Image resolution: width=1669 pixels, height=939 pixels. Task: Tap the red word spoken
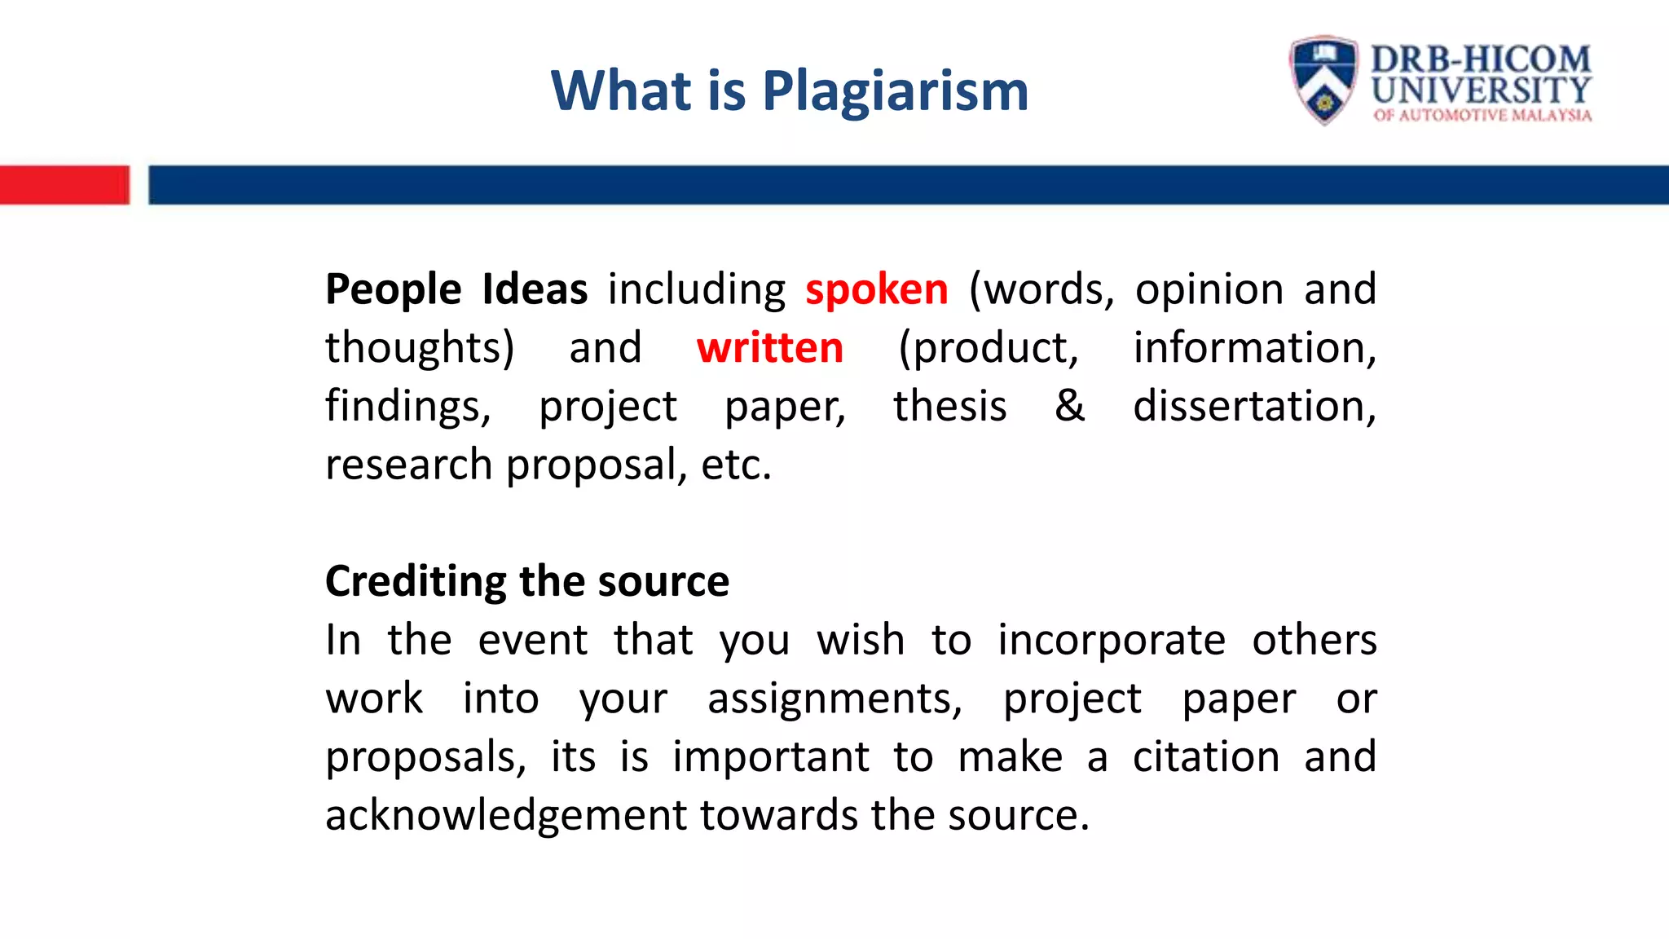(x=877, y=290)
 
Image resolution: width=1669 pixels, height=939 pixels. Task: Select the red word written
(x=769, y=348)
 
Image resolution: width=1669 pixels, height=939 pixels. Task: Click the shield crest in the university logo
(x=1323, y=80)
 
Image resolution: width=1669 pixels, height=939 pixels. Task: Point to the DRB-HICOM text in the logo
(x=1480, y=59)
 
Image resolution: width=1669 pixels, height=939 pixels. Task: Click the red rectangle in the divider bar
(x=64, y=185)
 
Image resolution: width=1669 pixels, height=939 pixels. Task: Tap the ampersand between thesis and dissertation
(x=1069, y=406)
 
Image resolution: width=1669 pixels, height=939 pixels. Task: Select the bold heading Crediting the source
(x=526, y=582)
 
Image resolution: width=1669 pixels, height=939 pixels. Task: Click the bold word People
(x=394, y=290)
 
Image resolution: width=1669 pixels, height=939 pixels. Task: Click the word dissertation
(x=1253, y=406)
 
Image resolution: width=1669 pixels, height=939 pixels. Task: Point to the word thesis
(x=949, y=406)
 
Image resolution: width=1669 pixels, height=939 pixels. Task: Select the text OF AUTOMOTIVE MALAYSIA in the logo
(x=1482, y=116)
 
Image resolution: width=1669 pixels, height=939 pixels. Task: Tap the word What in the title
(x=621, y=91)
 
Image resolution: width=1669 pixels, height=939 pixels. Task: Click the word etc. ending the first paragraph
(x=736, y=465)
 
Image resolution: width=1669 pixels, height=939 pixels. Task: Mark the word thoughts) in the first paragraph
(x=420, y=349)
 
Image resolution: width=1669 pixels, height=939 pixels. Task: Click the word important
(x=770, y=757)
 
